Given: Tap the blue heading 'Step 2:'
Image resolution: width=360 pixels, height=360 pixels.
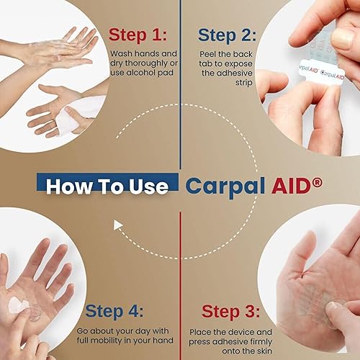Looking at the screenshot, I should (227, 35).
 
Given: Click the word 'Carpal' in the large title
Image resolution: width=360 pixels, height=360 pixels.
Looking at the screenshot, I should (225, 186).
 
